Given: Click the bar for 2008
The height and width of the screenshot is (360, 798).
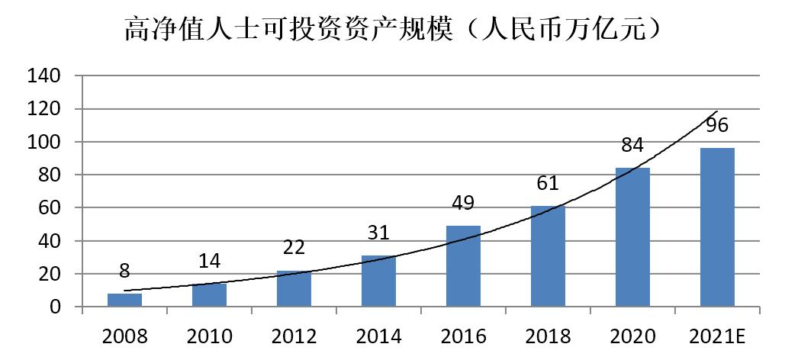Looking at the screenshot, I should (x=124, y=300).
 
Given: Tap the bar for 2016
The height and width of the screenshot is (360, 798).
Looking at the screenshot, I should (x=463, y=266).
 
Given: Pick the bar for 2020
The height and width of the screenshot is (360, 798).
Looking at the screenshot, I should (x=632, y=237).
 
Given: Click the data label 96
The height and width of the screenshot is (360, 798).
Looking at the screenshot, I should (x=717, y=124).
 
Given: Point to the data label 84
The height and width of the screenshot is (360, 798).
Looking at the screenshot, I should (x=632, y=145).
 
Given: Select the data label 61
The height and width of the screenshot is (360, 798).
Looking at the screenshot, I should (x=548, y=183).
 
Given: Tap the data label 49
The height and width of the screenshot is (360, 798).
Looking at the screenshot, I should (x=463, y=203).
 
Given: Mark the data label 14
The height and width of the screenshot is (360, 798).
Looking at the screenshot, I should (x=209, y=261).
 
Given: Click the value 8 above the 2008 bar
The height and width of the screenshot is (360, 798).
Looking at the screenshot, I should (x=124, y=271).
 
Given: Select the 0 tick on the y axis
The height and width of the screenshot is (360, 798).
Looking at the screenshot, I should (x=56, y=307).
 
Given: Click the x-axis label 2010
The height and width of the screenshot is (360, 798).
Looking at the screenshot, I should (x=209, y=335).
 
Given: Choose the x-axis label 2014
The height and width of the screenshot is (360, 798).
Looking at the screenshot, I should (x=378, y=335).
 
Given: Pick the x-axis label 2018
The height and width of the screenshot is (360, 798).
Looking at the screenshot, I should (x=548, y=335).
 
